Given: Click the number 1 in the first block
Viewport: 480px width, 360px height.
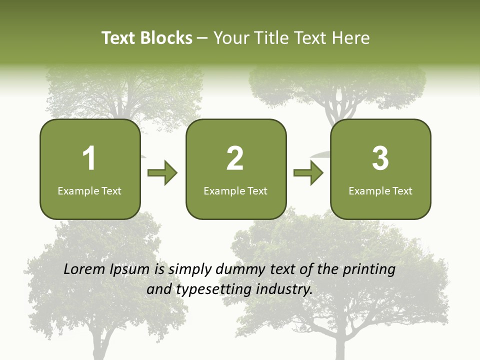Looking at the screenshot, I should (89, 158).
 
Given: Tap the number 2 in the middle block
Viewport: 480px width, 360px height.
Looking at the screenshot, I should (235, 158).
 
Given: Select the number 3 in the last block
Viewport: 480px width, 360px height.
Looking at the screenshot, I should (380, 158).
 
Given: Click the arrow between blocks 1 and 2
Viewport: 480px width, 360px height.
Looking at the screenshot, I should (162, 173).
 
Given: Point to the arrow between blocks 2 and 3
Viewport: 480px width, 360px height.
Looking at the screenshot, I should (308, 173).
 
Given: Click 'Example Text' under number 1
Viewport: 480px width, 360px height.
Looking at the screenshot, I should (89, 191).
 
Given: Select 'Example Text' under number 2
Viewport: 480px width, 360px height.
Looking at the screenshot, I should (235, 191).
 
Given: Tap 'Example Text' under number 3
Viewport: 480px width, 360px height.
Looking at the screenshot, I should (380, 191).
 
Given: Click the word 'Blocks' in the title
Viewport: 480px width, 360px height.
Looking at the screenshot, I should (166, 38).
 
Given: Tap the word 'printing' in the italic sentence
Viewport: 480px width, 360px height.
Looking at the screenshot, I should (369, 269).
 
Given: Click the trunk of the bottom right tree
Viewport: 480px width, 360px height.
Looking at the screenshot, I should (340, 345).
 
